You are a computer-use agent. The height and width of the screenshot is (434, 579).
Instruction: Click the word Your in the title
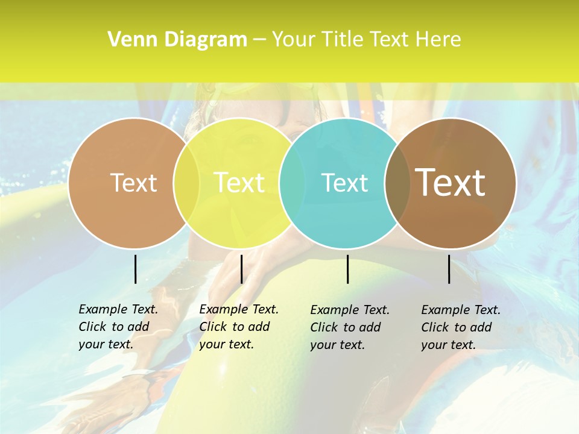point(293,40)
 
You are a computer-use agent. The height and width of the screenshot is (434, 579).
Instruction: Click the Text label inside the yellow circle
point(239,183)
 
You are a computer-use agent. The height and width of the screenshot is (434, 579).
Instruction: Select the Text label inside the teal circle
point(344,183)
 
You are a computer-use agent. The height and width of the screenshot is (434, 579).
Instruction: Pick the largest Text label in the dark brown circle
point(451,183)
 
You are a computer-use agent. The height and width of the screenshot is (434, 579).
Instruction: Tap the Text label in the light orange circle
point(133,183)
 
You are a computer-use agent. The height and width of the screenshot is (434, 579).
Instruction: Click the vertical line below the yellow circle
point(241,269)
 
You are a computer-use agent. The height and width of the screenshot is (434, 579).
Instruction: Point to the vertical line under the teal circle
point(347,269)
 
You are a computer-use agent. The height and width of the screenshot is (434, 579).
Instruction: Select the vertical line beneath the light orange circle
point(135,269)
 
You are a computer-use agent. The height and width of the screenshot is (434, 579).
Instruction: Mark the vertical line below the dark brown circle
point(449,269)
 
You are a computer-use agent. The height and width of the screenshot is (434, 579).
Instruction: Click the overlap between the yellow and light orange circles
point(186,183)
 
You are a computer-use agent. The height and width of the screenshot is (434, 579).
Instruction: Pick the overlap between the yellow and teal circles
point(292,183)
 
